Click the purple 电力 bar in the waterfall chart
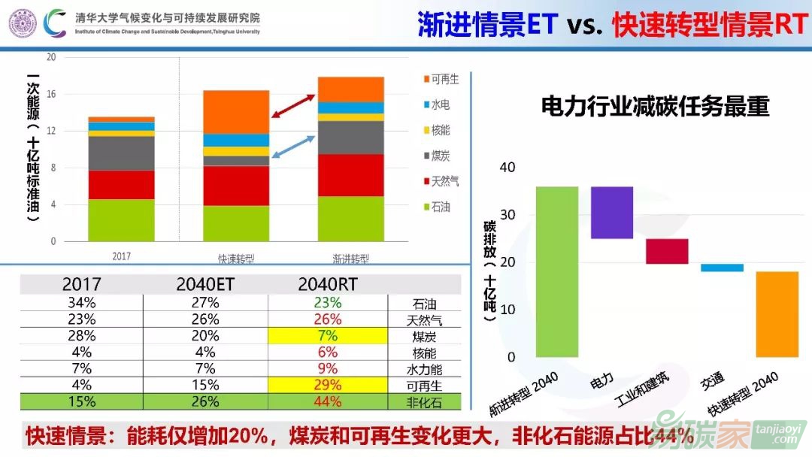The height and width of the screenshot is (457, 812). click(612, 212)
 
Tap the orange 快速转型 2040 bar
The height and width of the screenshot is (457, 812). click(777, 313)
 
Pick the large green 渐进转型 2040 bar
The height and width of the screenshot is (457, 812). click(556, 271)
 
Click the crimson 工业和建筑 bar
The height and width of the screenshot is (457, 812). click(667, 251)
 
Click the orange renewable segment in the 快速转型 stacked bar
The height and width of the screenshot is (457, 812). click(236, 111)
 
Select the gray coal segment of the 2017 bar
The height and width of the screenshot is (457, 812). click(121, 153)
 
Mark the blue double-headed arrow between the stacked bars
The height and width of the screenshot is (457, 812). click(293, 146)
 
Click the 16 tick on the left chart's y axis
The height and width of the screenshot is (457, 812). click(51, 94)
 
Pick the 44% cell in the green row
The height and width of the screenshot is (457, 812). click(328, 401)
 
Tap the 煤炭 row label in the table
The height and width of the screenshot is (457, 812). click(424, 336)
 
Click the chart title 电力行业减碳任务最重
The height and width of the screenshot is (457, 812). click(656, 107)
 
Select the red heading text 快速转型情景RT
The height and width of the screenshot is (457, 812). click(710, 25)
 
